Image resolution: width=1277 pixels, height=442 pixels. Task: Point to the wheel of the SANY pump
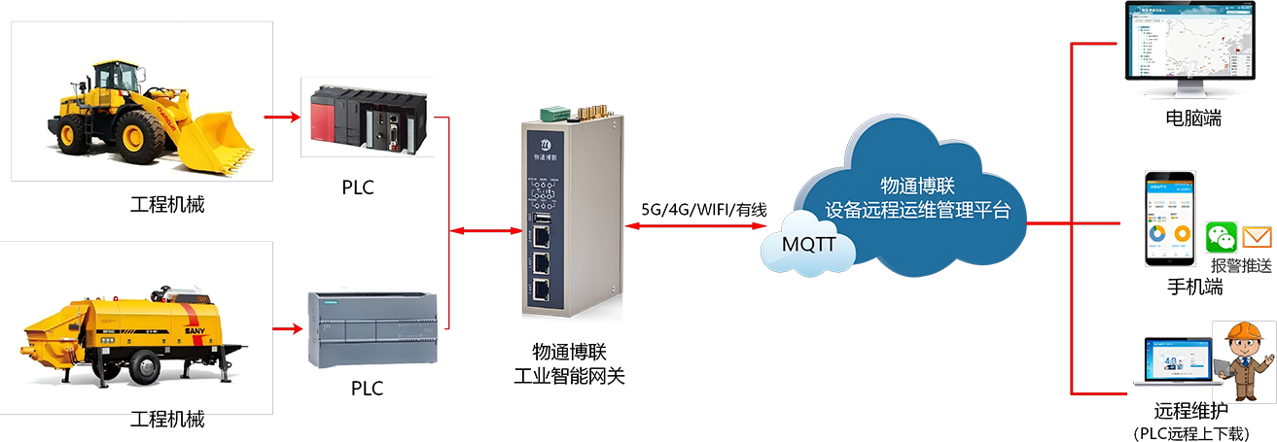point(143,366)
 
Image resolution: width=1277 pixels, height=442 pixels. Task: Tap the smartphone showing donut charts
point(1168,219)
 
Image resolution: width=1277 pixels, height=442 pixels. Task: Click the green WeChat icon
point(1222,238)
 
